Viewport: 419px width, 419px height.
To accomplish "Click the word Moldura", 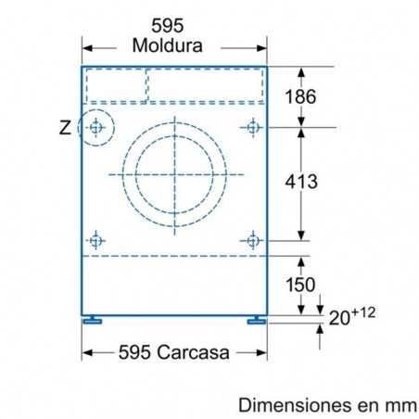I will pyautogui.click(x=168, y=45).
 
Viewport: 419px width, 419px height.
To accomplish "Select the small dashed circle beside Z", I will pyautogui.click(x=95, y=127).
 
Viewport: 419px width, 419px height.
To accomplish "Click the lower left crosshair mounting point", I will pyautogui.click(x=95, y=240).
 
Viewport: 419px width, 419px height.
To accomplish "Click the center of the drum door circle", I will pyautogui.click(x=173, y=173).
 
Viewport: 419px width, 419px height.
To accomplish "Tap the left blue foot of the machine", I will pyautogui.click(x=93, y=321).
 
